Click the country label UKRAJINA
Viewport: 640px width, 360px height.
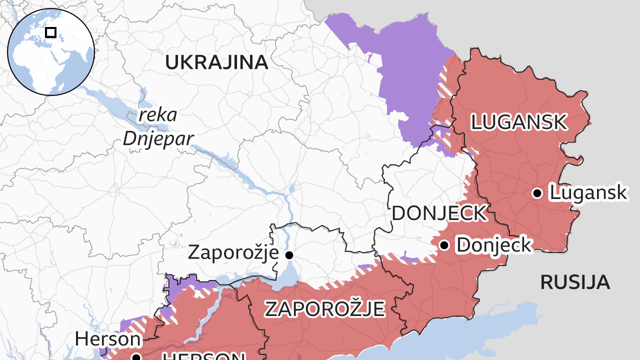point(216,62)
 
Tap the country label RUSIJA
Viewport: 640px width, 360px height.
point(574,282)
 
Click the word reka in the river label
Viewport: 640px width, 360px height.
point(158,114)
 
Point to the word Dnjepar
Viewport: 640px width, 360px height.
point(158,138)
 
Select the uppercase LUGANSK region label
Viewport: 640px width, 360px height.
point(518,122)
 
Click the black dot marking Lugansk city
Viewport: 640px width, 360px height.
point(537,193)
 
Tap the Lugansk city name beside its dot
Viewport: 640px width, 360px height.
point(588,192)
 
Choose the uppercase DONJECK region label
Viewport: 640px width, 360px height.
point(438,213)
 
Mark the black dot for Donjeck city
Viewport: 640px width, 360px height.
point(444,245)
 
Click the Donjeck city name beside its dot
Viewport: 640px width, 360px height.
point(493,245)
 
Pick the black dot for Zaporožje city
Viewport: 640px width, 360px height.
point(289,255)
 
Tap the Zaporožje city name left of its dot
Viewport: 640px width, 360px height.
point(233,252)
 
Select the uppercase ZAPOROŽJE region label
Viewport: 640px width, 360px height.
point(324,308)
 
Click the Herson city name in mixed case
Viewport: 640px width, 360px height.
point(108,339)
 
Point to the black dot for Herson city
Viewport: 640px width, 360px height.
point(135,357)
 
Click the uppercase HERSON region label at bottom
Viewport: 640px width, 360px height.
point(202,356)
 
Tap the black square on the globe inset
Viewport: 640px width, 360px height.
point(50,32)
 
